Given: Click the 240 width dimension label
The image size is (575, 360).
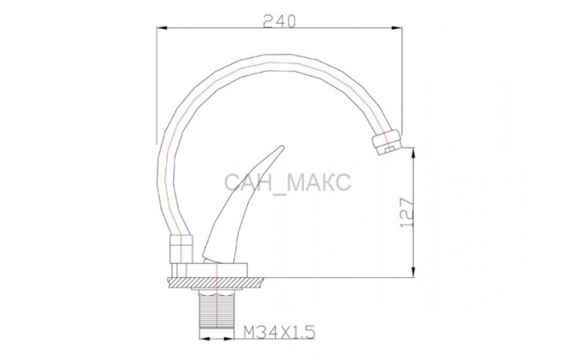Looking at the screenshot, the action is pyautogui.click(x=279, y=21).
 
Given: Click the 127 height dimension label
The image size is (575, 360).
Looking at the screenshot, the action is pyautogui.click(x=407, y=213).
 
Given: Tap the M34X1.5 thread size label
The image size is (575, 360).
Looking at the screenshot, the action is pyautogui.click(x=279, y=333).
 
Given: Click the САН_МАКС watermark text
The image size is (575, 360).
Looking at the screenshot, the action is pyautogui.click(x=287, y=182).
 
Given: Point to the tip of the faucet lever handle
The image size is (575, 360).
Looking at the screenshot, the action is pyautogui.click(x=282, y=147).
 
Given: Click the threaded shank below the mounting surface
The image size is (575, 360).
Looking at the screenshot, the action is pyautogui.click(x=217, y=308).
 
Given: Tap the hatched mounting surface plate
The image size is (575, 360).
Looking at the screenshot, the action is pyautogui.click(x=215, y=283).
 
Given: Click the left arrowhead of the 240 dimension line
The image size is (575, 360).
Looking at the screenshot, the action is pyautogui.click(x=162, y=27).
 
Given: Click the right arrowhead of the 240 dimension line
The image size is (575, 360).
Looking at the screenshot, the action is pyautogui.click(x=397, y=27).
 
